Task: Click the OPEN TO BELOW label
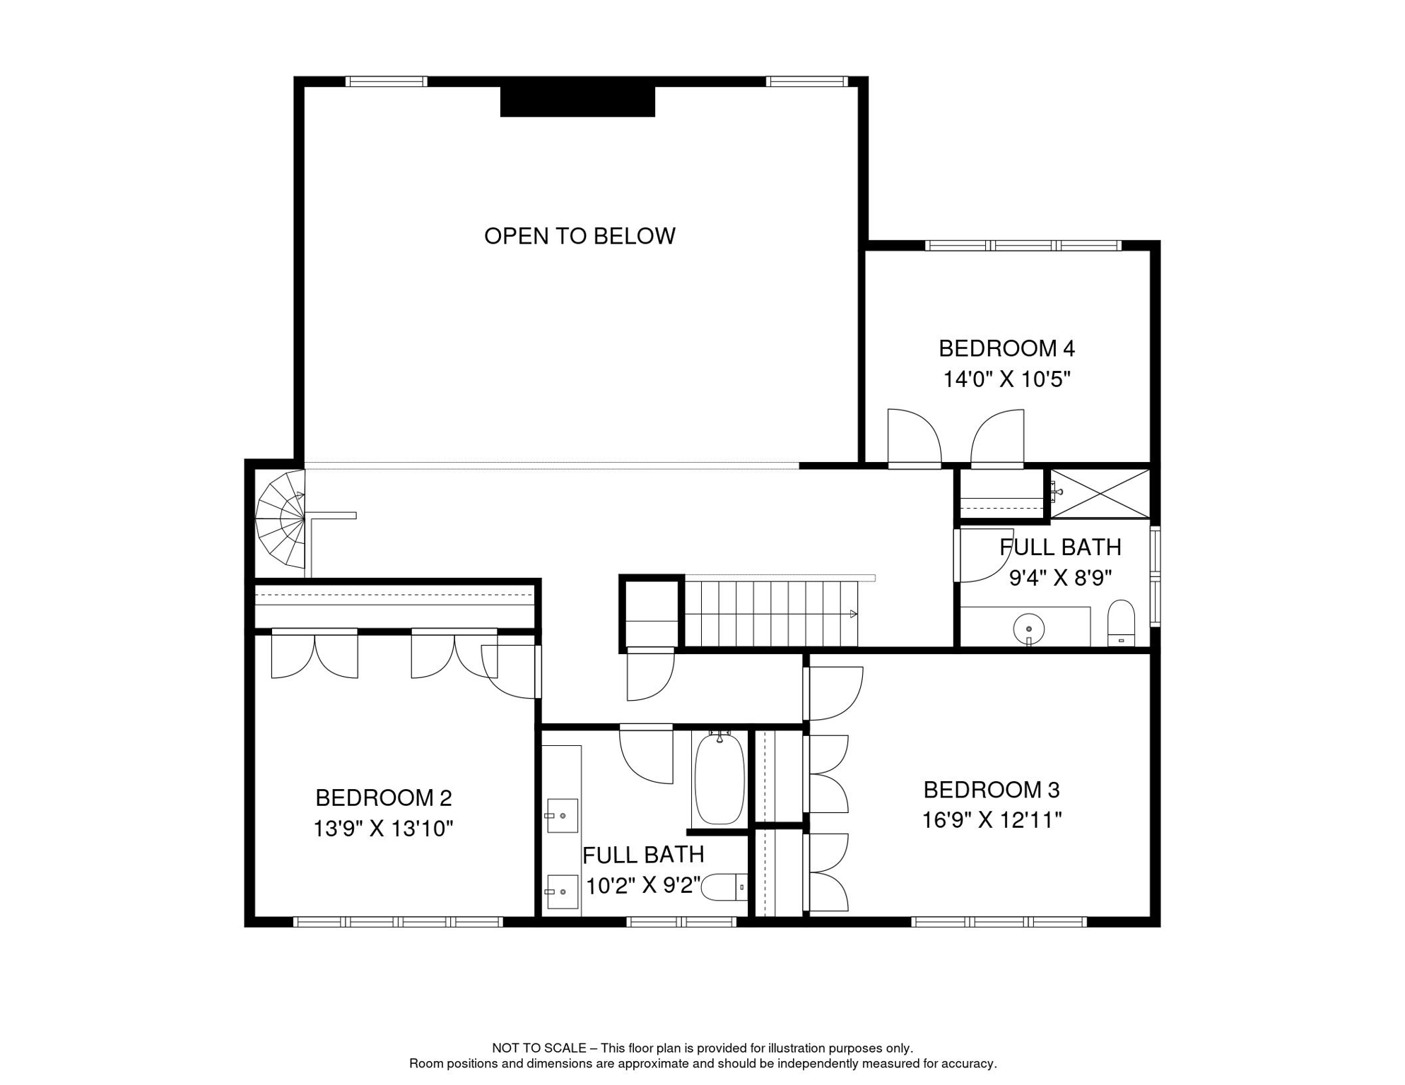(x=580, y=236)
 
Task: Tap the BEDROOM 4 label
(x=1006, y=348)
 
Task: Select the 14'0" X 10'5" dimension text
(x=1006, y=379)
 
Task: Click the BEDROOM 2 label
(x=383, y=798)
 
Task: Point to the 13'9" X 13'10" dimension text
(x=383, y=828)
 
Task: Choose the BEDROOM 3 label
(x=992, y=789)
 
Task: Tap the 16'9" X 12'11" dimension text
(x=992, y=820)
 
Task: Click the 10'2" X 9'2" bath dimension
(x=643, y=885)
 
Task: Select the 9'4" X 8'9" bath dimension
(x=1060, y=578)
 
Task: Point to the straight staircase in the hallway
(x=771, y=613)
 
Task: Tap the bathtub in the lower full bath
(x=719, y=778)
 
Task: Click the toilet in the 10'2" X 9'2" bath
(x=724, y=887)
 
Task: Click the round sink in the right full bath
(x=1029, y=628)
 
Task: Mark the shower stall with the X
(x=1100, y=494)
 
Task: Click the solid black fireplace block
(x=577, y=102)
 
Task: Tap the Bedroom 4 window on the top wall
(x=1023, y=246)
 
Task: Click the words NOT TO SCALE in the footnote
(x=539, y=1048)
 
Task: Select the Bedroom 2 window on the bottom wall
(x=398, y=922)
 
